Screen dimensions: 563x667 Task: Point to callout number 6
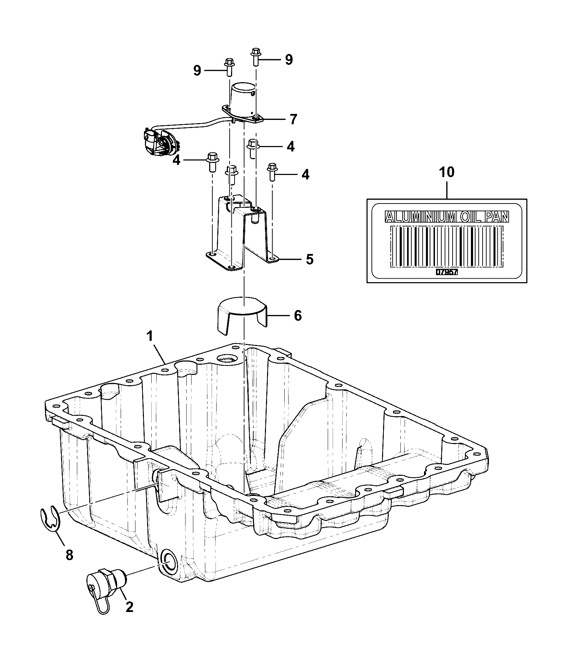298,316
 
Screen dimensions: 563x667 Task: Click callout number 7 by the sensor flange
293,119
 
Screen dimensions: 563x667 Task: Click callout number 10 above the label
447,172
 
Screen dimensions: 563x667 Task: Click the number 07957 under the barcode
447,272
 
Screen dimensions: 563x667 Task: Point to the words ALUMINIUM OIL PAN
447,217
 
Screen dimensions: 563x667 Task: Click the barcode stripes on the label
447,246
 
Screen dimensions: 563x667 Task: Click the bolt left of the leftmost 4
211,163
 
